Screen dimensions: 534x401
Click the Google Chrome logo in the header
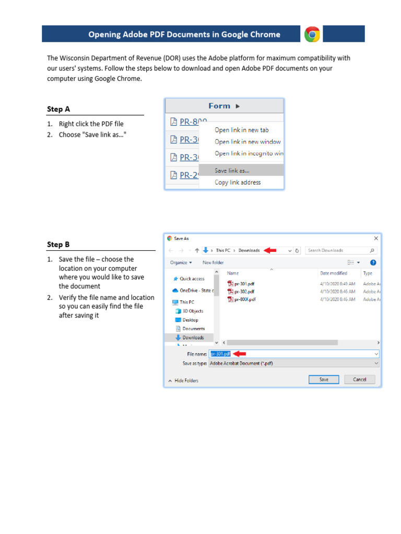tap(312, 34)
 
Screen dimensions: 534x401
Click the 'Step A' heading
tap(58, 110)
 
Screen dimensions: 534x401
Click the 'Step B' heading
tap(58, 245)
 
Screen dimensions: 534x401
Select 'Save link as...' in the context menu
tap(232, 170)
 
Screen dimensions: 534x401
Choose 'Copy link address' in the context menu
tap(238, 183)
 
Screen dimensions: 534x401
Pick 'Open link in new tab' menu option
tap(241, 130)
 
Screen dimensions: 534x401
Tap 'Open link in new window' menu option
tap(247, 142)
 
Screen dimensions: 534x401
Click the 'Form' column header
tap(224, 106)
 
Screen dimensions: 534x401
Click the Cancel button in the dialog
tap(359, 380)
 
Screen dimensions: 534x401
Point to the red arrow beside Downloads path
tap(270, 250)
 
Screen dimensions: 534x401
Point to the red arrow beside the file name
tap(239, 354)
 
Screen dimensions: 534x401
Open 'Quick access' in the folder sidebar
tap(192, 279)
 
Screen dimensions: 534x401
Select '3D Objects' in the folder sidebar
tap(192, 311)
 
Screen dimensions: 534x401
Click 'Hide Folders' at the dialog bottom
tap(186, 381)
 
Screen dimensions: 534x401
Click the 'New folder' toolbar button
tap(213, 263)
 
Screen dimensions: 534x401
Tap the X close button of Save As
tap(376, 238)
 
